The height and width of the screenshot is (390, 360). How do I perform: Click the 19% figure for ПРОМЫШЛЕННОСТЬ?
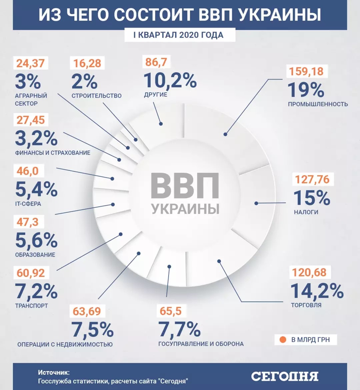point(306,90)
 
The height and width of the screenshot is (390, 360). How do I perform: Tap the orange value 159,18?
point(306,71)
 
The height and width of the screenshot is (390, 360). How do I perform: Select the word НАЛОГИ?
point(306,212)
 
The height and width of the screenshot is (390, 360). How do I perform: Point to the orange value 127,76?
point(312,180)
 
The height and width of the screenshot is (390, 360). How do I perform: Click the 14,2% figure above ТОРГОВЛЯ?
point(317,291)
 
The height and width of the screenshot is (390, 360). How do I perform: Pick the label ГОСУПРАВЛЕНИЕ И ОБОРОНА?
point(201,344)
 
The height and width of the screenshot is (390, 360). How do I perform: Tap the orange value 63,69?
point(87,311)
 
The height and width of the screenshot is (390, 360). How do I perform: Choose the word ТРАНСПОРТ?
point(32,305)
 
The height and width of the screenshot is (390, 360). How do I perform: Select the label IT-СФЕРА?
point(28,204)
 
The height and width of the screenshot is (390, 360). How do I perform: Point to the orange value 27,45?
point(31,120)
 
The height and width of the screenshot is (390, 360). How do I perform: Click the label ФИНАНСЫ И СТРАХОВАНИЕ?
point(53,153)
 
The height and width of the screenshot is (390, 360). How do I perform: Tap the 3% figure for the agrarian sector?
point(28,81)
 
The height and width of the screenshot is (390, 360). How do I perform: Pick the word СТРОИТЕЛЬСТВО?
point(97,96)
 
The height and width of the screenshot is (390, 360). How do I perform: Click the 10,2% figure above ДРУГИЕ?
point(170,80)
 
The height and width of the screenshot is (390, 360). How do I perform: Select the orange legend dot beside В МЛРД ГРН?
point(283,340)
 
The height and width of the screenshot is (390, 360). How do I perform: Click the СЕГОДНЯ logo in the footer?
point(285,376)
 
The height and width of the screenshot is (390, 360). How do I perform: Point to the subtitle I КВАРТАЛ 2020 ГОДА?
point(180,35)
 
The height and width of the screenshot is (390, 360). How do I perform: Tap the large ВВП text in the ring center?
point(185,186)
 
